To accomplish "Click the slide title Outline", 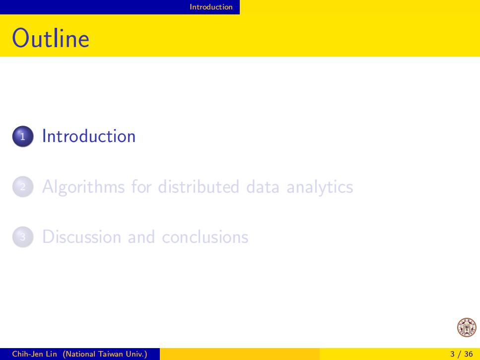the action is pos(51,38).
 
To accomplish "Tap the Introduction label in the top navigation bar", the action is pos(211,7).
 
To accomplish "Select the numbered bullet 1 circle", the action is pos(23,136).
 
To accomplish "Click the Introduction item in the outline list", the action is pos(89,136).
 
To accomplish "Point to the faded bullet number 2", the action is pos(23,186).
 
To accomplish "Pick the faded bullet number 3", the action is pos(23,237).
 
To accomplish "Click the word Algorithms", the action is pos(83,187).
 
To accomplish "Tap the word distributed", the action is pos(199,186).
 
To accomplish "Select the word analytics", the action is pos(320,187).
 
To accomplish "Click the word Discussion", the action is pos(82,237).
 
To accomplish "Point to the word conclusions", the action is pos(205,237).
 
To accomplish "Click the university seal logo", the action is pos(467,327).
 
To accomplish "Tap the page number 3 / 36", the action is pos(461,354).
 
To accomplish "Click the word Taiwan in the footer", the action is pos(110,354).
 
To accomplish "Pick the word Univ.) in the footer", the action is pos(137,354).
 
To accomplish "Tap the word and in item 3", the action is pos(141,237).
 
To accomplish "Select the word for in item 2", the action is pos(141,186).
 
